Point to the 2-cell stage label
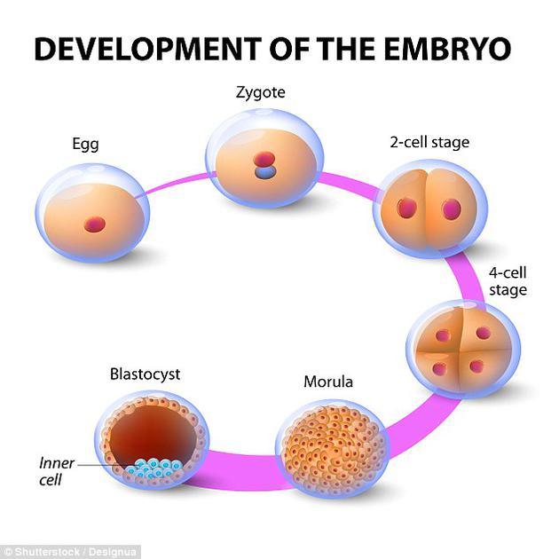click(x=429, y=142)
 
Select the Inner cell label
click(x=56, y=470)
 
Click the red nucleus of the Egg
click(x=91, y=223)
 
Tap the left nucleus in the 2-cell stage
click(x=407, y=209)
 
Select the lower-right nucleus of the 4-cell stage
click(x=476, y=366)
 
